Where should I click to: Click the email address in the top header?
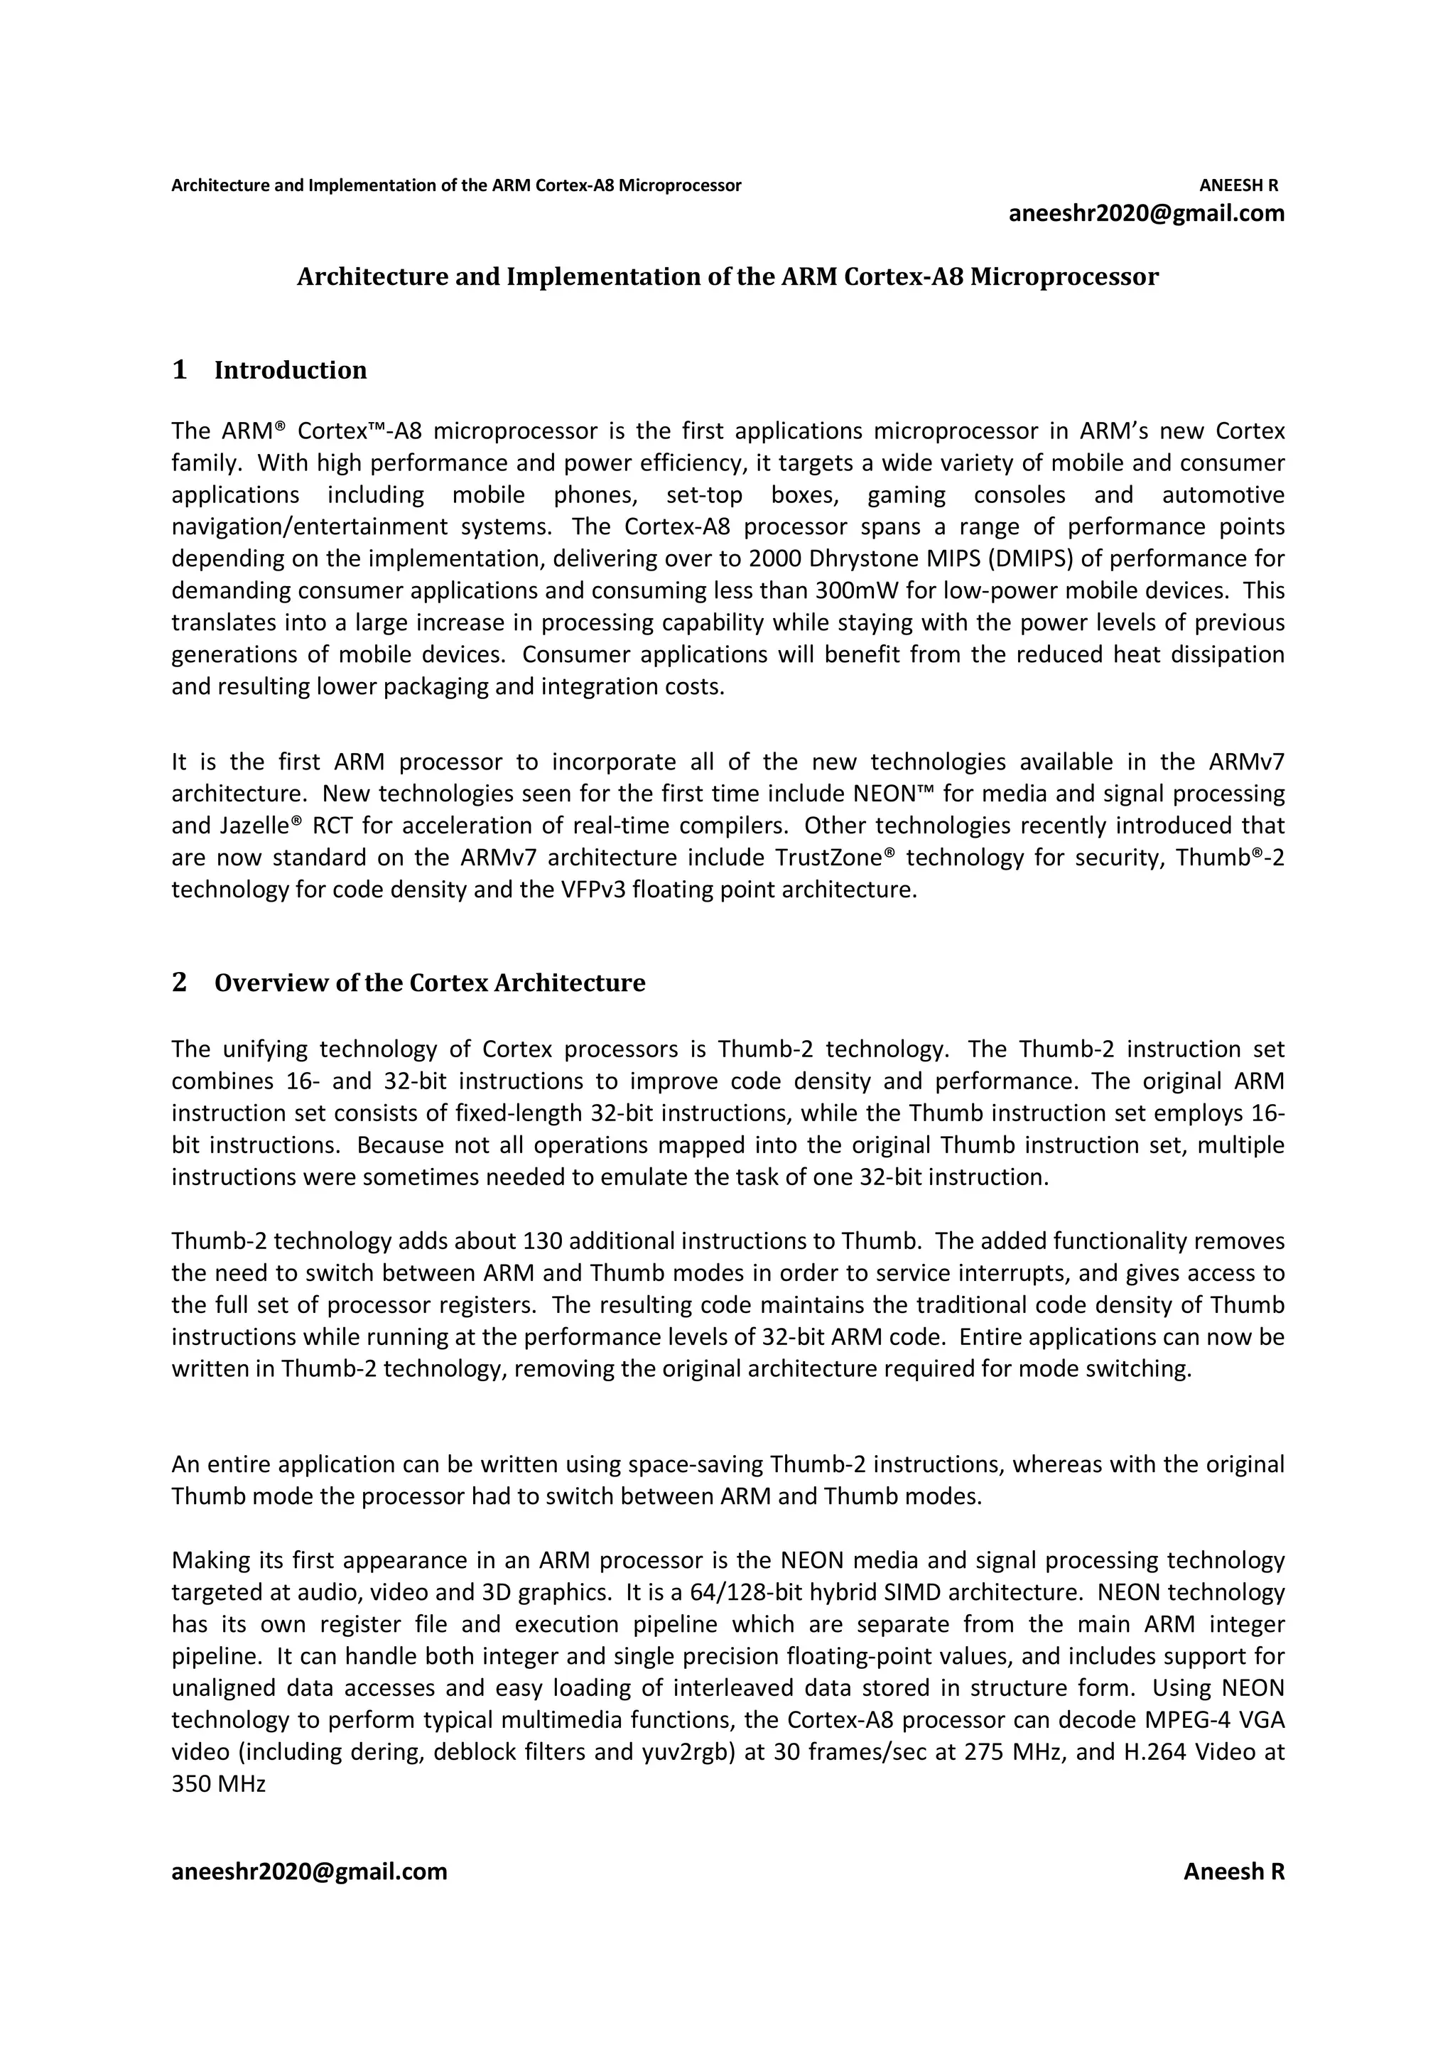(x=1146, y=213)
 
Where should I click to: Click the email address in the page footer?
(x=309, y=1871)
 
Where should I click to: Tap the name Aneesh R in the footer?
(x=1233, y=1871)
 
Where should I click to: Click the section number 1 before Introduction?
(x=179, y=369)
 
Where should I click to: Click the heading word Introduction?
(x=291, y=370)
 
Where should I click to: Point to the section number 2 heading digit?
(x=179, y=982)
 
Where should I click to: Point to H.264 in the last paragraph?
(x=1154, y=1752)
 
